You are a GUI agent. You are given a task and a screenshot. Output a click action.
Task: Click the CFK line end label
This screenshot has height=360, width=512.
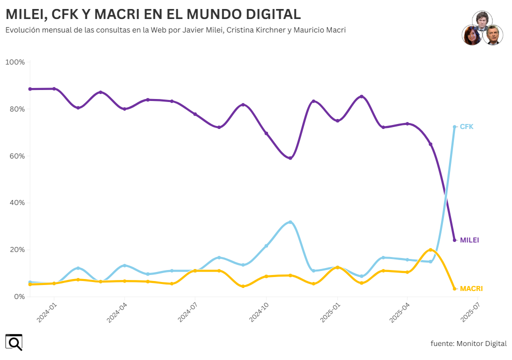click(x=466, y=127)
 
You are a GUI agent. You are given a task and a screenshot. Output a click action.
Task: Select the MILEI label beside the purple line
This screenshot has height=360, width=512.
click(x=469, y=240)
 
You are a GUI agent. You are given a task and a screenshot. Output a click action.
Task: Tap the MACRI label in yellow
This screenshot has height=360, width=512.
click(x=471, y=288)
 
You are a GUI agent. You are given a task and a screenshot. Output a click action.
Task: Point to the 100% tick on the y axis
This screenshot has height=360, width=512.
click(x=15, y=62)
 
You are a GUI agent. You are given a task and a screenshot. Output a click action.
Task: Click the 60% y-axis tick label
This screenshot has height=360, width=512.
click(x=16, y=156)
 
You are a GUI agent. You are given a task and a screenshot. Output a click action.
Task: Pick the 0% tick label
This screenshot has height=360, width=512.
click(x=19, y=296)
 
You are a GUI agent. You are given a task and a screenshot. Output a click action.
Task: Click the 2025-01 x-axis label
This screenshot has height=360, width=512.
click(x=330, y=312)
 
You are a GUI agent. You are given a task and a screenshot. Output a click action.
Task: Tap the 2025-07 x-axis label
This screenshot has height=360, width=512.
click(x=471, y=312)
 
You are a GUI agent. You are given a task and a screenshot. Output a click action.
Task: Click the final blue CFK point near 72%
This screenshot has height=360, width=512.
click(x=454, y=127)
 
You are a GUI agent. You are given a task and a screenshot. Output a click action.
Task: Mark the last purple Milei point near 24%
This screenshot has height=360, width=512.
click(x=454, y=240)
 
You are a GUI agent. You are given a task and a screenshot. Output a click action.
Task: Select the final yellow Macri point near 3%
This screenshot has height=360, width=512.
click(x=454, y=288)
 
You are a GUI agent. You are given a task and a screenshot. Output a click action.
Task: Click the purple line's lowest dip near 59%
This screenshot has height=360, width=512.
click(x=290, y=158)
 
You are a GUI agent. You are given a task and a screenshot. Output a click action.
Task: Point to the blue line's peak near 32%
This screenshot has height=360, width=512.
click(x=290, y=222)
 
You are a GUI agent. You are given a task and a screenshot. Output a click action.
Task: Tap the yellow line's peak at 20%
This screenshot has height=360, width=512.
click(x=430, y=249)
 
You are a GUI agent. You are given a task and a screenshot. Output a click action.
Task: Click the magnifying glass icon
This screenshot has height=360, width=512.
click(x=14, y=342)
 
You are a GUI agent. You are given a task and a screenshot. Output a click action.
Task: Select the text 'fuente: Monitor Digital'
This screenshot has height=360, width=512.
click(x=468, y=343)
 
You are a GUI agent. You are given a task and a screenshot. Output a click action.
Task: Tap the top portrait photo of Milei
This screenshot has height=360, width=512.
click(x=482, y=21)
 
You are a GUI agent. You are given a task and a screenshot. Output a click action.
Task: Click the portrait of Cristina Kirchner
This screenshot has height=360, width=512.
click(x=471, y=35)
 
